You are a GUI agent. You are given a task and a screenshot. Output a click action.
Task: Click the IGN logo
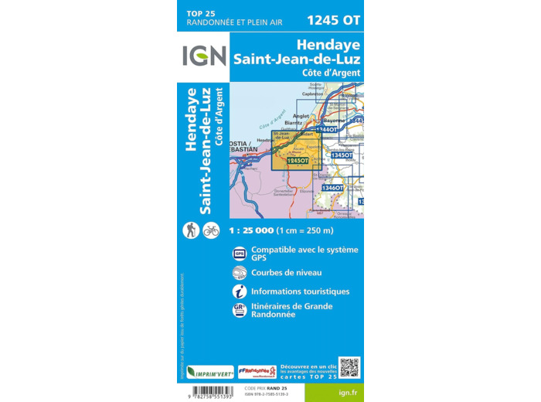(x=204, y=56)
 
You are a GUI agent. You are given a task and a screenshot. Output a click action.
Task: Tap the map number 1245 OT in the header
(x=333, y=19)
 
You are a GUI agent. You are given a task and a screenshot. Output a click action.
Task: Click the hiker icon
(x=191, y=230)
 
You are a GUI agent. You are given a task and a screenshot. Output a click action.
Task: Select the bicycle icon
(x=211, y=230)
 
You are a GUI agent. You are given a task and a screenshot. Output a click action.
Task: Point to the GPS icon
(x=240, y=253)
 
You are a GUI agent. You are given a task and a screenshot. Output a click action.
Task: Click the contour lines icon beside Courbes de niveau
(x=240, y=272)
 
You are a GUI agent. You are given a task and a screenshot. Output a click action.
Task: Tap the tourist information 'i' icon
(x=240, y=291)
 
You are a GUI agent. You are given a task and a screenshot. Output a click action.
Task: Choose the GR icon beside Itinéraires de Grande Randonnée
(x=240, y=310)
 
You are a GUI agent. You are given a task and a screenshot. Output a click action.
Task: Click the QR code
(x=349, y=367)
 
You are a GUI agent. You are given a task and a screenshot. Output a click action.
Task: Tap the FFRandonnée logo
(x=257, y=372)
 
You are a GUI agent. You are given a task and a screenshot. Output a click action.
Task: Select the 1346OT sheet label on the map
(x=333, y=188)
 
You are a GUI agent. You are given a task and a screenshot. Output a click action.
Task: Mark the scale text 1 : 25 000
(x=256, y=230)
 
